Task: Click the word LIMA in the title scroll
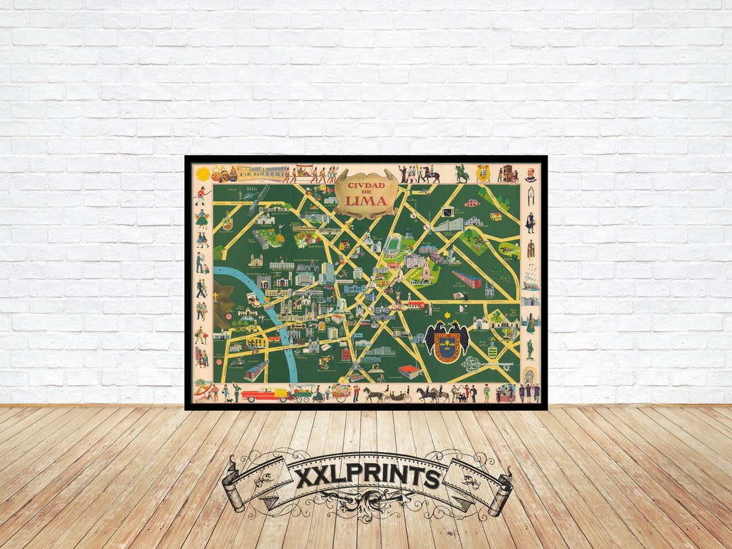366,200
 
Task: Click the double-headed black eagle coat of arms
447,343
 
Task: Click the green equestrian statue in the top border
462,174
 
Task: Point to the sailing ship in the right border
531,279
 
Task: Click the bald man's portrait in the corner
531,174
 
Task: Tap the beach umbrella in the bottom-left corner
201,389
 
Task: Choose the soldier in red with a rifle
200,196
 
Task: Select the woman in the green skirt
201,218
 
